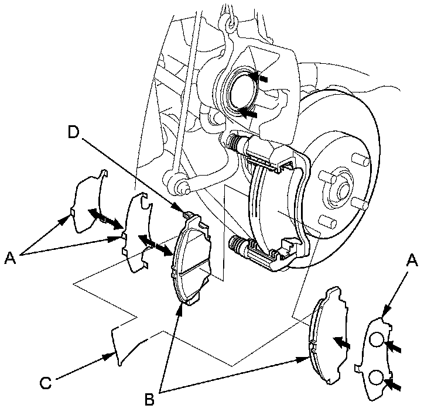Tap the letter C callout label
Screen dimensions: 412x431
pos(45,383)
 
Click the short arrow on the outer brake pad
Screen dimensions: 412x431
pos(340,342)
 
